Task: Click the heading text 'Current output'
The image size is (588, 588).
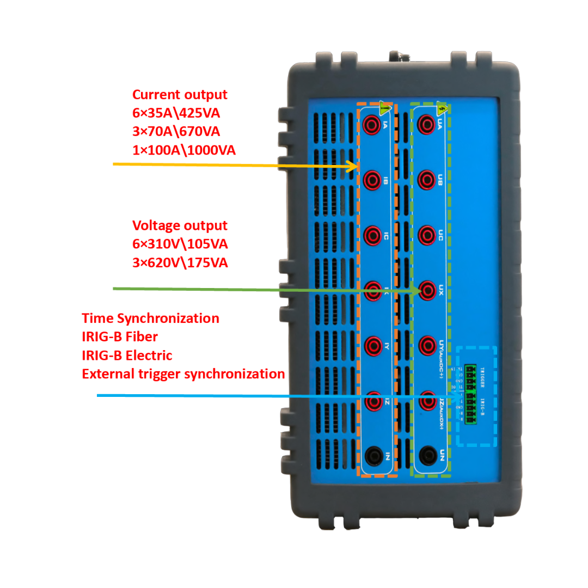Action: [180, 95]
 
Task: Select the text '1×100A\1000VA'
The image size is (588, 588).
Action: [184, 150]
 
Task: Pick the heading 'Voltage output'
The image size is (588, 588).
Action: [180, 225]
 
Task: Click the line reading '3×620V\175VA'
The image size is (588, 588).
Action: [180, 263]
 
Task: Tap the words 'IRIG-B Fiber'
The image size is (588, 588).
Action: [120, 337]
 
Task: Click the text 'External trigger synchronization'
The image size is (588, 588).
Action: [183, 374]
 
